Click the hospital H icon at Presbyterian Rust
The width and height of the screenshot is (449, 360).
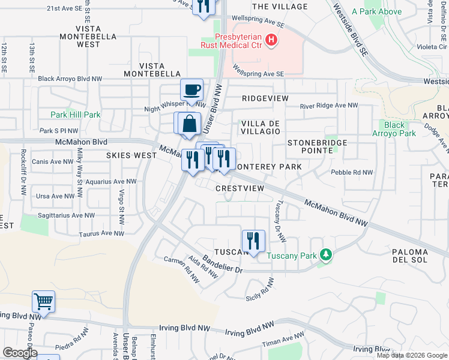(271, 41)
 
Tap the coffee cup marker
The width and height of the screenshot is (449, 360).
(191, 90)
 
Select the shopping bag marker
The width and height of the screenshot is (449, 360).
(190, 124)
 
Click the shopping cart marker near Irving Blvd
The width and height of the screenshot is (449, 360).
(44, 302)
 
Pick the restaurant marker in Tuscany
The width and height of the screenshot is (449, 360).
(253, 242)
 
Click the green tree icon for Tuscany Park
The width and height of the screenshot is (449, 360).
(326, 255)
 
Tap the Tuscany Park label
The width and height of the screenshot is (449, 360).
(292, 256)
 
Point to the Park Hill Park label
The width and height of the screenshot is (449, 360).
(76, 115)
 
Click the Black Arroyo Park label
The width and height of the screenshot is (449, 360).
(396, 129)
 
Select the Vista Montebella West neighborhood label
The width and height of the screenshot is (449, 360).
(88, 37)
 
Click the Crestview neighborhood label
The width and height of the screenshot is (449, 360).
(240, 188)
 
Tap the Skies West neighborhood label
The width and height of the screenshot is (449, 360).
(131, 155)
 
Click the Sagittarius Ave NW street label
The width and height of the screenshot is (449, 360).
(65, 215)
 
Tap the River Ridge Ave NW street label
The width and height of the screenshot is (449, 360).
(328, 106)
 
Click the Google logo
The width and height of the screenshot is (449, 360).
(20, 353)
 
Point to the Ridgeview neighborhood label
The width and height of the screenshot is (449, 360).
(265, 98)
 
